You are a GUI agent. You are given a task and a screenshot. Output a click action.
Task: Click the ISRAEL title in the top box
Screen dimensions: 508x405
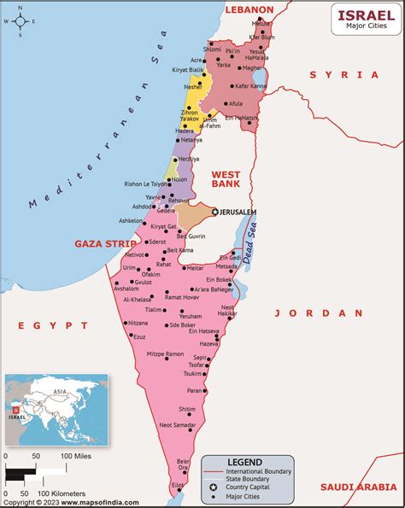click(x=366, y=15)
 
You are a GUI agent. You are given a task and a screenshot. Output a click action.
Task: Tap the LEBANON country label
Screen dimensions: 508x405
click(x=249, y=9)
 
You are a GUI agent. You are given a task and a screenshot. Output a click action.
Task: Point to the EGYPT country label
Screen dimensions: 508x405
click(x=54, y=325)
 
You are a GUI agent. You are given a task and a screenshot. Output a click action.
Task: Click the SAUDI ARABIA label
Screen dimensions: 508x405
click(x=357, y=487)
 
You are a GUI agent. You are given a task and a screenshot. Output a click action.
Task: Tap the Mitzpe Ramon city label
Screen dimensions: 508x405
click(x=165, y=353)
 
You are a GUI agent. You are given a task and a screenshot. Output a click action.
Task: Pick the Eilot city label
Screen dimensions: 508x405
click(x=177, y=484)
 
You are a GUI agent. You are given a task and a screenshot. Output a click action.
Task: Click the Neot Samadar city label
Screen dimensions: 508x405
click(x=178, y=424)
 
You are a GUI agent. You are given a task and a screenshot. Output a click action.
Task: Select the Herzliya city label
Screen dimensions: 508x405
click(x=189, y=159)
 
